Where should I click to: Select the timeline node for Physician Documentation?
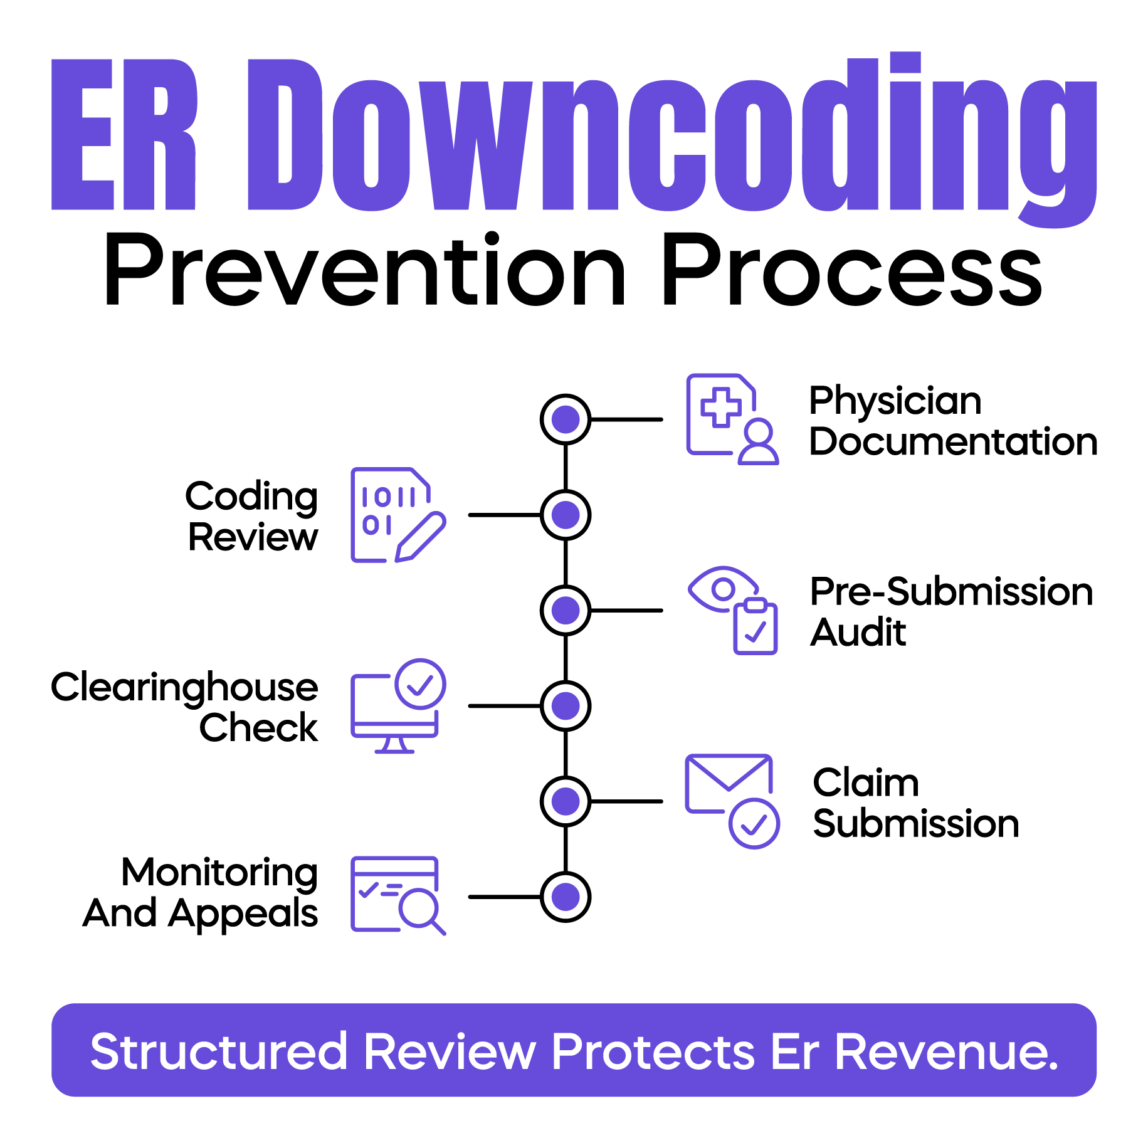(565, 419)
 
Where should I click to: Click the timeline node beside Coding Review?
(565, 515)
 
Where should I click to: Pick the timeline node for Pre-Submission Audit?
(565, 610)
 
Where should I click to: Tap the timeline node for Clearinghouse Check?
(565, 706)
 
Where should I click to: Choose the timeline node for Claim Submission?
(565, 801)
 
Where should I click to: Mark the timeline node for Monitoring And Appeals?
(565, 897)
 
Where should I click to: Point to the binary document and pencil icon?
(398, 515)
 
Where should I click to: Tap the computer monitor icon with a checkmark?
(398, 706)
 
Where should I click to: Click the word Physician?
(895, 402)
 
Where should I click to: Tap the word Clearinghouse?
(184, 688)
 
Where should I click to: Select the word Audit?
(858, 632)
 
